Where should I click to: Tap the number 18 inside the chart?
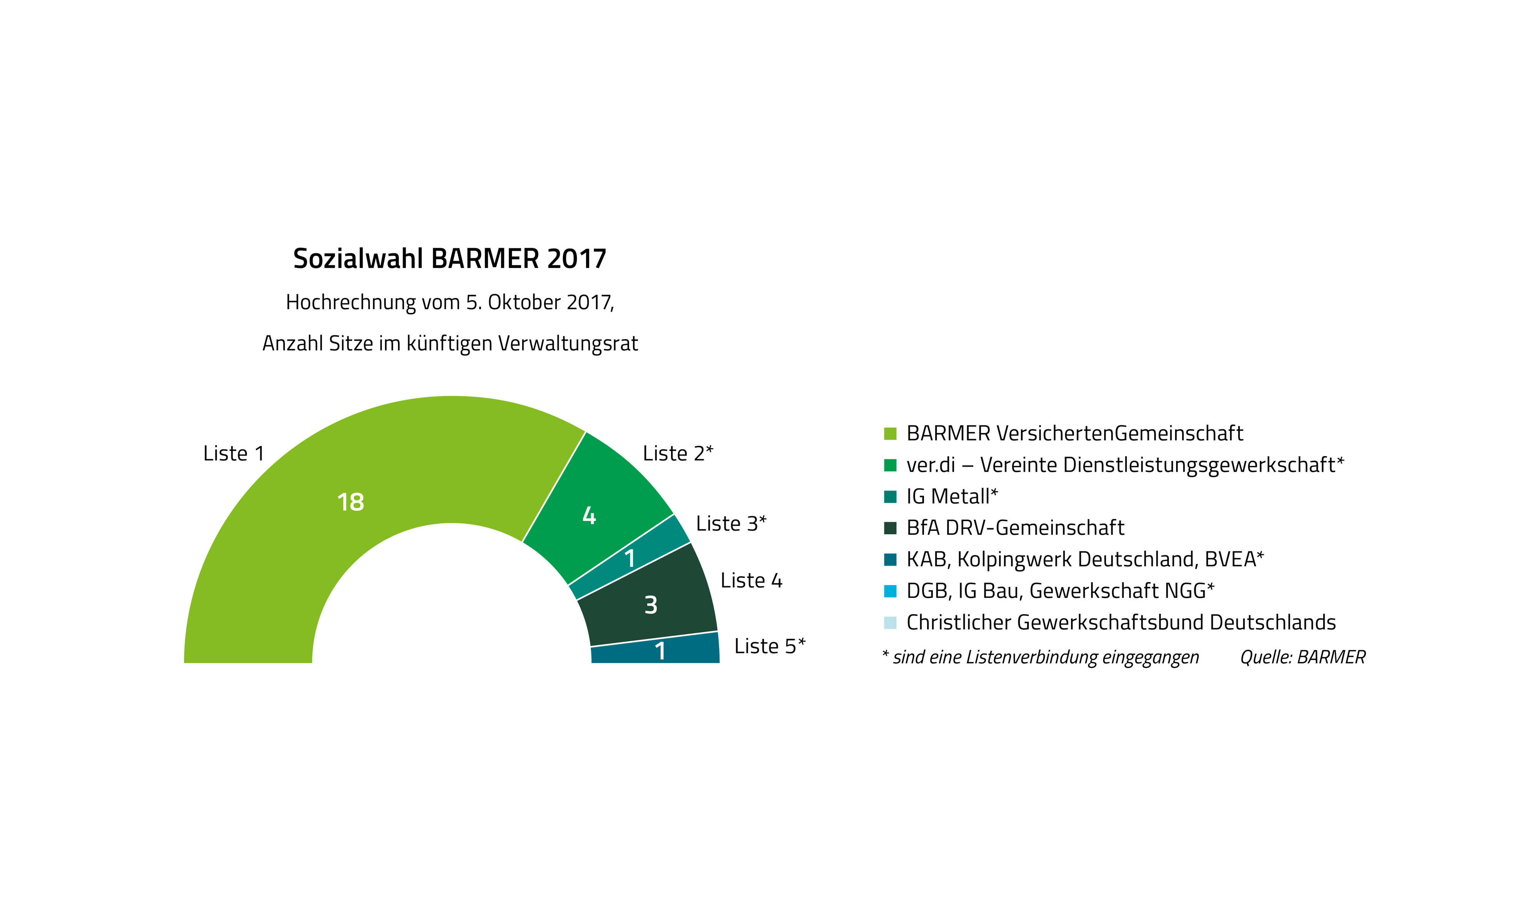pos(350,502)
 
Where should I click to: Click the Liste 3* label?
pos(731,524)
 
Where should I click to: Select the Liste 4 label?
pos(751,580)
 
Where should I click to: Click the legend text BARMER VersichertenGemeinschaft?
pos(1075,434)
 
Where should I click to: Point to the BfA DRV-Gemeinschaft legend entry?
pos(1015,528)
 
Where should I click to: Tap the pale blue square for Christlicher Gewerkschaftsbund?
pos(890,623)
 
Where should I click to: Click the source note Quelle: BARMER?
pos(1302,657)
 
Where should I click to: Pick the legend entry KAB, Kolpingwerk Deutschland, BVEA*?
pos(1084,559)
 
